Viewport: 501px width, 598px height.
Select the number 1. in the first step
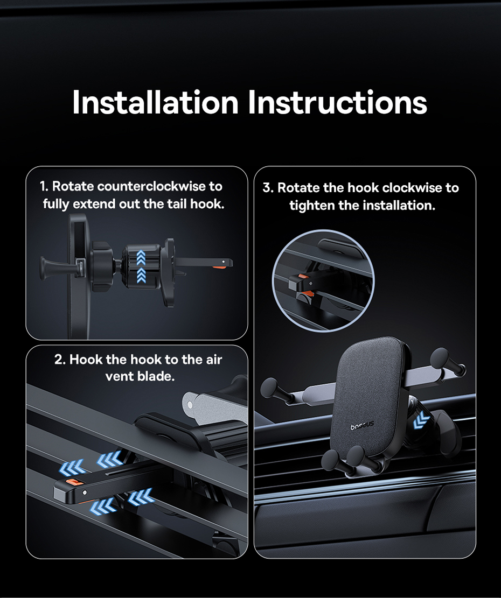coord(44,186)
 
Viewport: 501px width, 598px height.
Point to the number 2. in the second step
coord(60,359)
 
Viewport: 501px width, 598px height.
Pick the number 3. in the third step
coord(268,188)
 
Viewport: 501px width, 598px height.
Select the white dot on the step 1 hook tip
coord(223,262)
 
